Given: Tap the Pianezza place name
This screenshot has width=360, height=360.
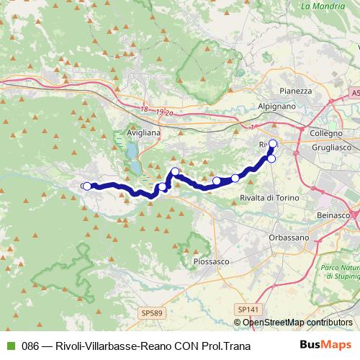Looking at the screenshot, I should (x=296, y=91).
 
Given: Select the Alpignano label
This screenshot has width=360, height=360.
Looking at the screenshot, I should (x=274, y=105).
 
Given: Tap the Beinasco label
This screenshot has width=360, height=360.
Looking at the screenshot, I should (x=336, y=215).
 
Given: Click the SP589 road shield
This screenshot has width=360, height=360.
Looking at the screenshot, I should (x=150, y=313).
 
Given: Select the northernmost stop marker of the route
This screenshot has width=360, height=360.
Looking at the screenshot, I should (x=273, y=143).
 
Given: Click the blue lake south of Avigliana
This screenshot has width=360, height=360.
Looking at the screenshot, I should (x=132, y=152).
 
